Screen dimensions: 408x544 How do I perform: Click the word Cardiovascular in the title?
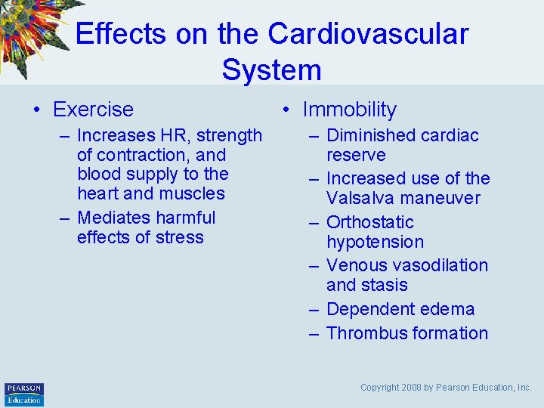[x=368, y=34]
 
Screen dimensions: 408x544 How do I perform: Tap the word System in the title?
[x=271, y=70]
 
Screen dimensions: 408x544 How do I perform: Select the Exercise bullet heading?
[x=93, y=110]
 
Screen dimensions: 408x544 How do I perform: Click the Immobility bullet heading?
[x=349, y=110]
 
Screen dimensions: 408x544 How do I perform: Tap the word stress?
[x=181, y=237]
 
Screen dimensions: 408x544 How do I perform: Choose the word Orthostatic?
[x=370, y=223]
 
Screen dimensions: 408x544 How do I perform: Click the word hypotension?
[x=375, y=243]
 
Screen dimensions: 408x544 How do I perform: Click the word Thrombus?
[x=364, y=333]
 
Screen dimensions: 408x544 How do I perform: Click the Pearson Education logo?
[x=24, y=394]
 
